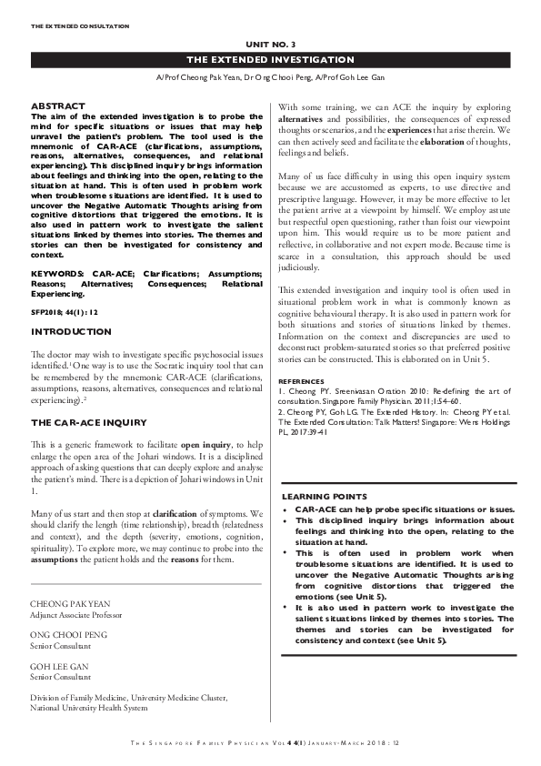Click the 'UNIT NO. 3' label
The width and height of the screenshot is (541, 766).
coord(270,44)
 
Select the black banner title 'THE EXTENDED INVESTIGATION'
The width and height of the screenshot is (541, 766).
coord(270,59)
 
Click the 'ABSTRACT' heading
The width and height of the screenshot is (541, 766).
coord(58,106)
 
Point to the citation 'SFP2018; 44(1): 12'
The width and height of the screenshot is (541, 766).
coord(65,286)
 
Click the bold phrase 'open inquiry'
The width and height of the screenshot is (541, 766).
coord(204,443)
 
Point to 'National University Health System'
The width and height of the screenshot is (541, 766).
coord(88,707)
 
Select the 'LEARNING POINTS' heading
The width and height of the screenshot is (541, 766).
coord(325,497)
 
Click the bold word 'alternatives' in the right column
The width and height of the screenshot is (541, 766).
coord(305,119)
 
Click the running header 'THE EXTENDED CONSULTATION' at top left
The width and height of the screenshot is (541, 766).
coord(80,26)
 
